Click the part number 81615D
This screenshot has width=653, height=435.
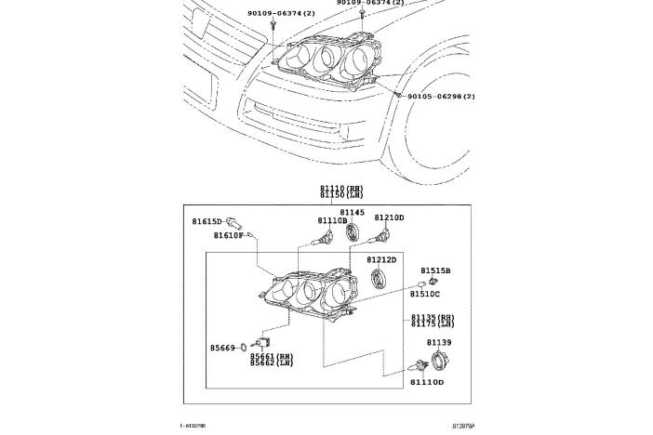[x=207, y=221]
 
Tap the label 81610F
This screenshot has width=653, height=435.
[x=228, y=236]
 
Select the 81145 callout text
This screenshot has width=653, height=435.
[x=352, y=212]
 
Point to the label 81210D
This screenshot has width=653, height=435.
[x=389, y=217]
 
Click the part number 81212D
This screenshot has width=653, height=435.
[x=380, y=260]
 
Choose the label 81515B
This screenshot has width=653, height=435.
[x=435, y=270]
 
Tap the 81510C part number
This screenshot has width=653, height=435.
[x=425, y=294]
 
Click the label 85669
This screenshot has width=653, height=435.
[x=224, y=349]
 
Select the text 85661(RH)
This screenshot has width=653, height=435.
[x=271, y=356]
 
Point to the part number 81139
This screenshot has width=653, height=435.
[x=439, y=343]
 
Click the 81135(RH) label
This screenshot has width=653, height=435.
[x=433, y=318]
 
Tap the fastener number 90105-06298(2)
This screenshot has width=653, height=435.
[x=441, y=97]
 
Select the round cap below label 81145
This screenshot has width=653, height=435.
[x=352, y=232]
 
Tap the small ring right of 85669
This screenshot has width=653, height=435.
[x=244, y=349]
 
